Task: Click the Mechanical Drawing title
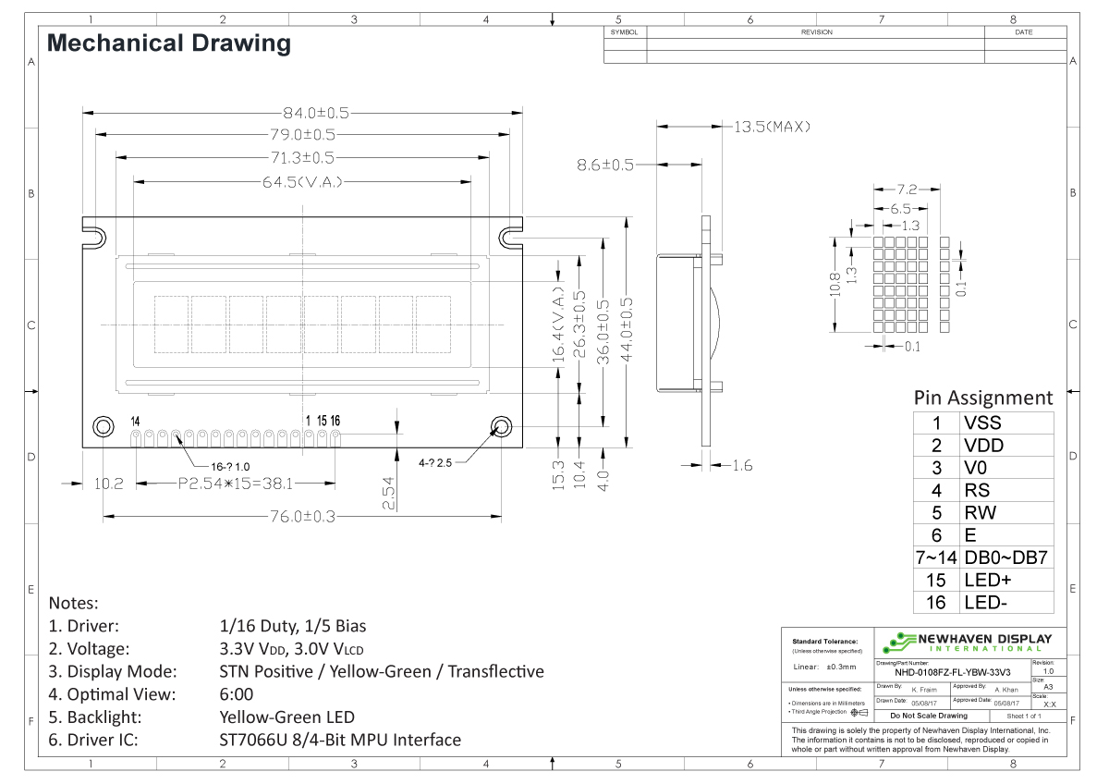tap(168, 43)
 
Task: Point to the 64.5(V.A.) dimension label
tap(301, 181)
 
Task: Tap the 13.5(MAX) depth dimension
tap(772, 127)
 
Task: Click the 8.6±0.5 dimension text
tap(605, 165)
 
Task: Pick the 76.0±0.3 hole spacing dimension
tap(301, 517)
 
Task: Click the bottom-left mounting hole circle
tap(103, 426)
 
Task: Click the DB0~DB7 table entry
tap(1005, 557)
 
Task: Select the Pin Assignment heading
tap(982, 398)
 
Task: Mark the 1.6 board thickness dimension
tap(741, 465)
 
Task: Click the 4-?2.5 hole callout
tap(435, 461)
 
